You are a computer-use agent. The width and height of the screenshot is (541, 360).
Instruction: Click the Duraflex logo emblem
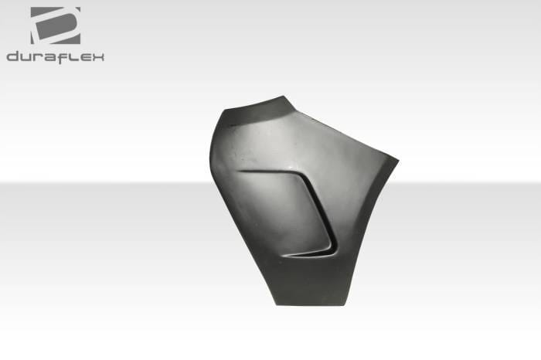coord(56,25)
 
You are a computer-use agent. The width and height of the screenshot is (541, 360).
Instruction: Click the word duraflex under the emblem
coord(55,57)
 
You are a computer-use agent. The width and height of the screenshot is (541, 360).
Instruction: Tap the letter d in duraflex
coord(13,56)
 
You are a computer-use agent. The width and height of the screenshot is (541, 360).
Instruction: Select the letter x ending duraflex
coord(97,58)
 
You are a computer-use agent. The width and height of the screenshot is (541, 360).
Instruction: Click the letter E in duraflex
coord(84,58)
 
